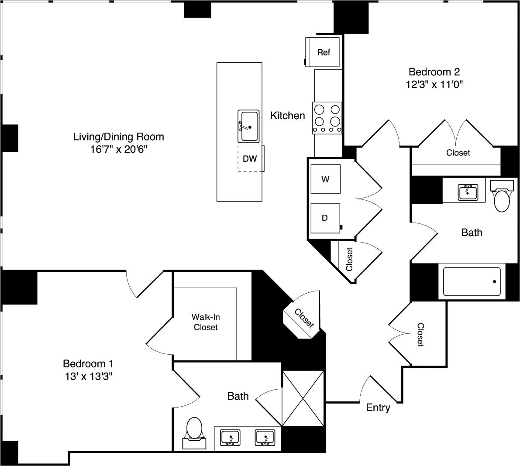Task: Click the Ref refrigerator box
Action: point(324,52)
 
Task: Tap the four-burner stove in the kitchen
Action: point(327,117)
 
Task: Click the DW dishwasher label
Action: point(250,159)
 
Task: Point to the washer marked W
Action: point(325,179)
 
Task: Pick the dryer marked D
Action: point(325,218)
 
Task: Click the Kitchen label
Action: point(287,116)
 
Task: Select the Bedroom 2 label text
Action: point(434,72)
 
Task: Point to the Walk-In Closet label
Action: point(206,322)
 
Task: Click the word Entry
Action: point(378,408)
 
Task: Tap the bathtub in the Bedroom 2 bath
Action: point(472,282)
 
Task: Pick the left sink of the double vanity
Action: point(230,437)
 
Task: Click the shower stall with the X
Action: point(303,398)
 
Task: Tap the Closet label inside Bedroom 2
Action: point(458,153)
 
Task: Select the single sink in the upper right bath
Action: point(468,192)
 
